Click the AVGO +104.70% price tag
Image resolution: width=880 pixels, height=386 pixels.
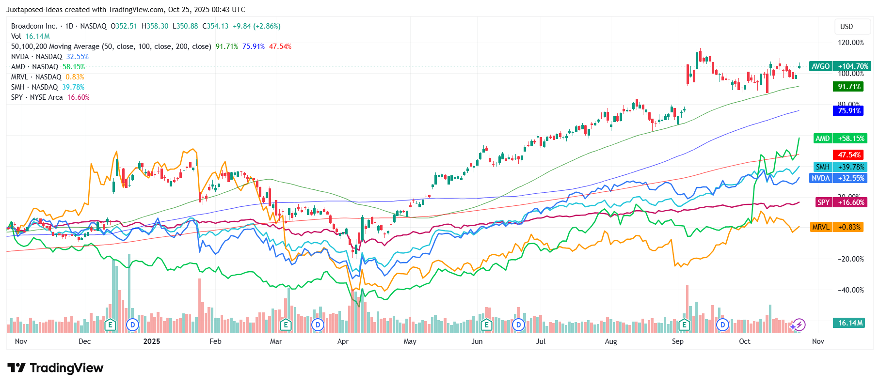coord(840,66)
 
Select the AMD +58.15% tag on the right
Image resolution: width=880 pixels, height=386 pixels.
coord(840,139)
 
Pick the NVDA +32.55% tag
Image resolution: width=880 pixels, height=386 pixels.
coord(838,178)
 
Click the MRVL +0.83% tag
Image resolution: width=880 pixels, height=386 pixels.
coord(836,227)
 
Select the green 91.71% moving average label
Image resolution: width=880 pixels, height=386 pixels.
coord(849,87)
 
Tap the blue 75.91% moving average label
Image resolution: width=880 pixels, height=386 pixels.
coord(849,111)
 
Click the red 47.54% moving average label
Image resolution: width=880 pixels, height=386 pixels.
coord(849,155)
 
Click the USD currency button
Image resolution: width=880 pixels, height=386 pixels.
coord(847,27)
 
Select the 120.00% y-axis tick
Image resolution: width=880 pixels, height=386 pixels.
coord(850,43)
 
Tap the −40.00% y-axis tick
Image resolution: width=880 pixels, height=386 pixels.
coord(850,290)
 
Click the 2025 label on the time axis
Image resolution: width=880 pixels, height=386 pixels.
coord(152,341)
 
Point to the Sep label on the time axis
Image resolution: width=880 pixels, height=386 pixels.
coord(677,341)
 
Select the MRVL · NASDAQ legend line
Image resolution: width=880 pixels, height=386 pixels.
coord(48,77)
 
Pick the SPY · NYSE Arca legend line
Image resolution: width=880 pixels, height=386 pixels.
coord(50,97)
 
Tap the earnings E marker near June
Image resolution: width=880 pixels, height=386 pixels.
coord(486,325)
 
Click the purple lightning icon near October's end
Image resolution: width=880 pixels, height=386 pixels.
coord(800,325)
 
